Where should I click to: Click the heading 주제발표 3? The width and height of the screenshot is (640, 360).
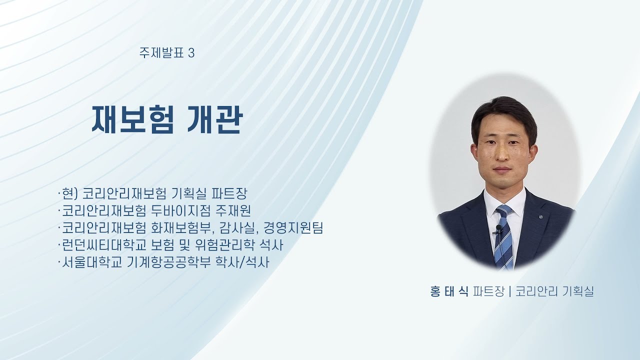click(x=167, y=52)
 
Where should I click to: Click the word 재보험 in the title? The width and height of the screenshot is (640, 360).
click(x=132, y=120)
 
